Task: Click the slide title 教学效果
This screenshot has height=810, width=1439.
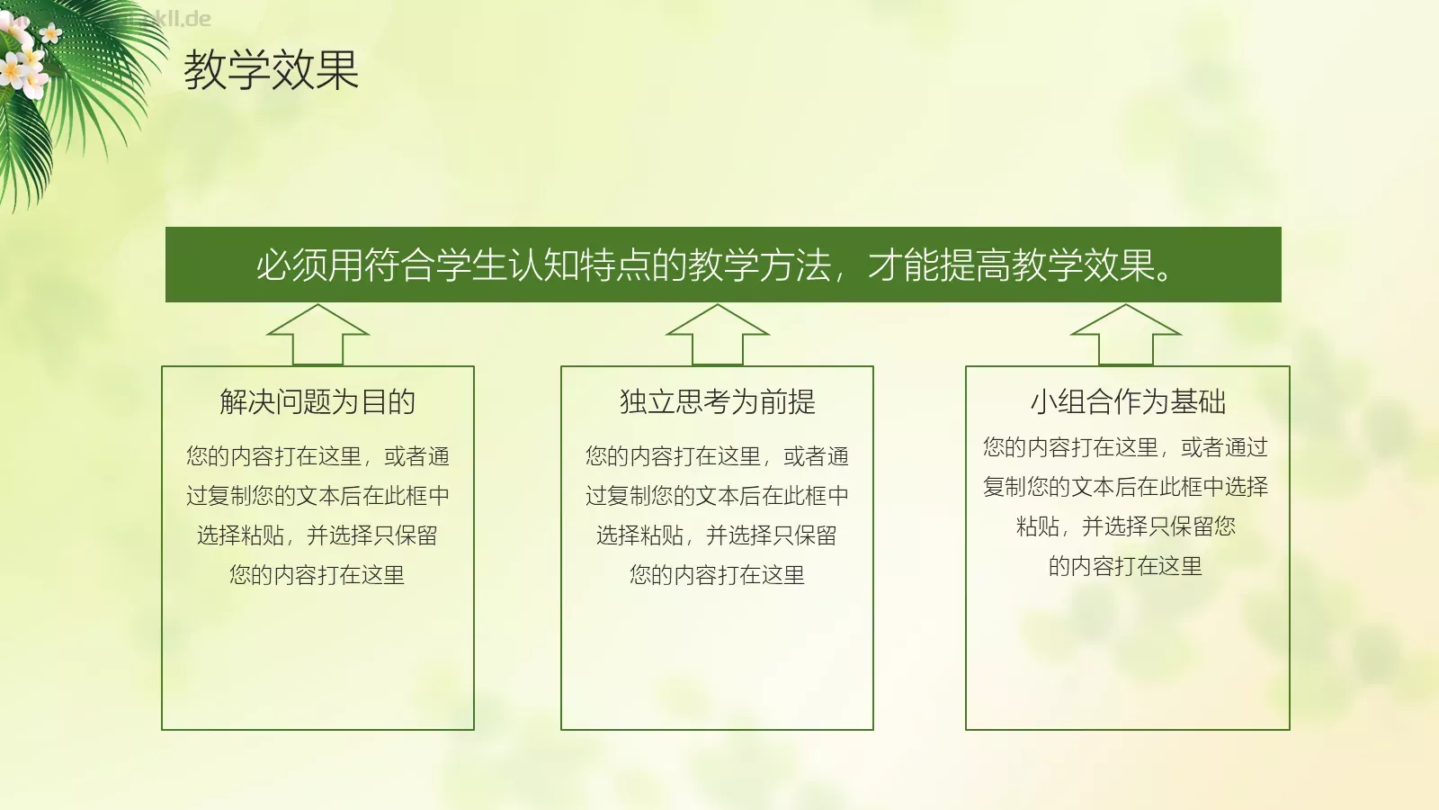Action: click(271, 69)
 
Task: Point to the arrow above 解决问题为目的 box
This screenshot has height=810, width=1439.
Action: click(318, 334)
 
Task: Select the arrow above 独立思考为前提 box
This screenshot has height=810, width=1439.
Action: click(717, 334)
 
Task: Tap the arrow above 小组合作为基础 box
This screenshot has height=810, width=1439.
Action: click(1125, 334)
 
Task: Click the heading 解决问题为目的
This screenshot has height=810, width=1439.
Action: click(317, 401)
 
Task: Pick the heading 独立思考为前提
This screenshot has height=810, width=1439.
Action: click(717, 401)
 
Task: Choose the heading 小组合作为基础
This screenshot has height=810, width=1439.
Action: click(1128, 401)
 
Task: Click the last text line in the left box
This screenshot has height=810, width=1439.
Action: click(317, 574)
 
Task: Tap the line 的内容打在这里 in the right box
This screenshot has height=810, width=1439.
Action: click(1125, 565)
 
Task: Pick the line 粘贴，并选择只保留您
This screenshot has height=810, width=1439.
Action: click(1125, 526)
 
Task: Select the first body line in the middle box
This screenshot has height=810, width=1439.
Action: click(717, 456)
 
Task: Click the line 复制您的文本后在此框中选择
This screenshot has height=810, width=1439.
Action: click(1125, 486)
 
